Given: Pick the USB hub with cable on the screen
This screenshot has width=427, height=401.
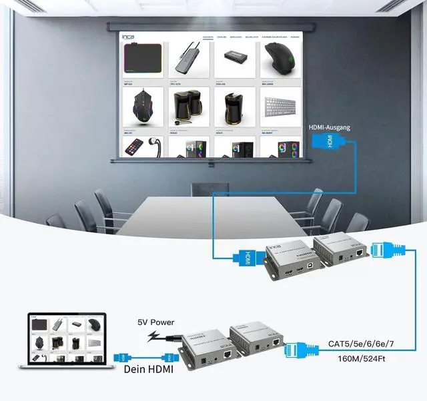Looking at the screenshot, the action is click(x=188, y=61).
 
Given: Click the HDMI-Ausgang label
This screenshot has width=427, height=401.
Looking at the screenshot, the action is click(x=329, y=127).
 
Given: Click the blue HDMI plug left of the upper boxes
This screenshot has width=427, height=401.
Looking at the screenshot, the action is click(x=243, y=256).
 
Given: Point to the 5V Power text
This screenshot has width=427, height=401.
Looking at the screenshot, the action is click(x=155, y=322).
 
